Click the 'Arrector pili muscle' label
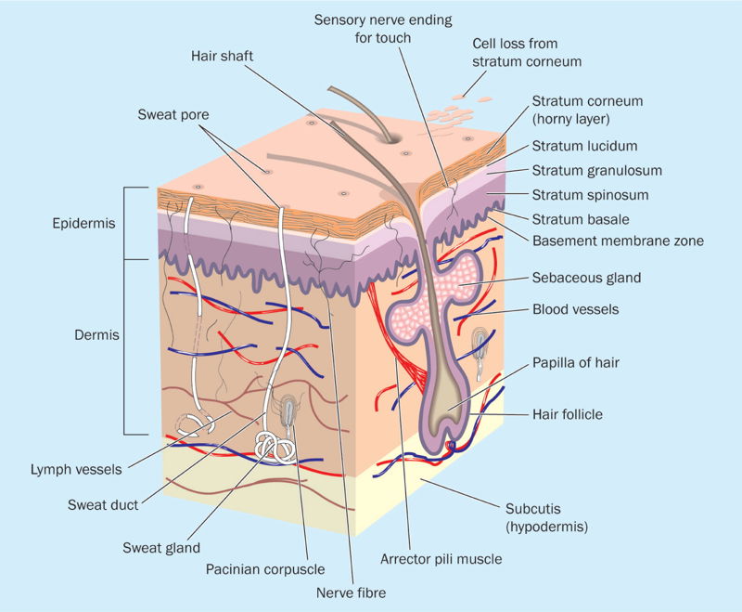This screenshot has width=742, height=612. pyautogui.click(x=441, y=559)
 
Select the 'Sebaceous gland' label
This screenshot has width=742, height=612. pyautogui.click(x=586, y=277)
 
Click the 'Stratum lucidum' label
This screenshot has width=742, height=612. pyautogui.click(x=583, y=146)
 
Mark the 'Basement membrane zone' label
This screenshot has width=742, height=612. pyautogui.click(x=618, y=241)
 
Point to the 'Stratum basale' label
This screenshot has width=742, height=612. pyautogui.click(x=581, y=219)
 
